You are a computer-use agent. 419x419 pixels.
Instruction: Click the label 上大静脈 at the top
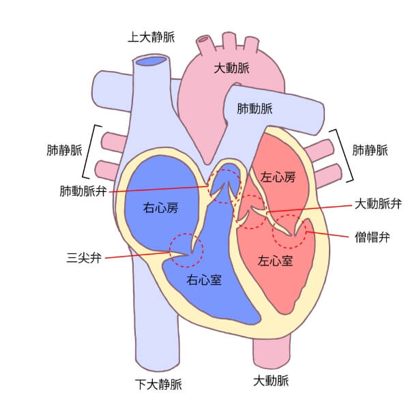coord(151,37)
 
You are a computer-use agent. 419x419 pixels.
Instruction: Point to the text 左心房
coord(278,177)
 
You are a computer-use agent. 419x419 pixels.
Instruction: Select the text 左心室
coord(275,261)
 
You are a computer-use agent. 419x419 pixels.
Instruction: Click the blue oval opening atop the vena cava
coord(151,62)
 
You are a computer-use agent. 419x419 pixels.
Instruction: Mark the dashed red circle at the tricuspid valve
coord(186,250)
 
